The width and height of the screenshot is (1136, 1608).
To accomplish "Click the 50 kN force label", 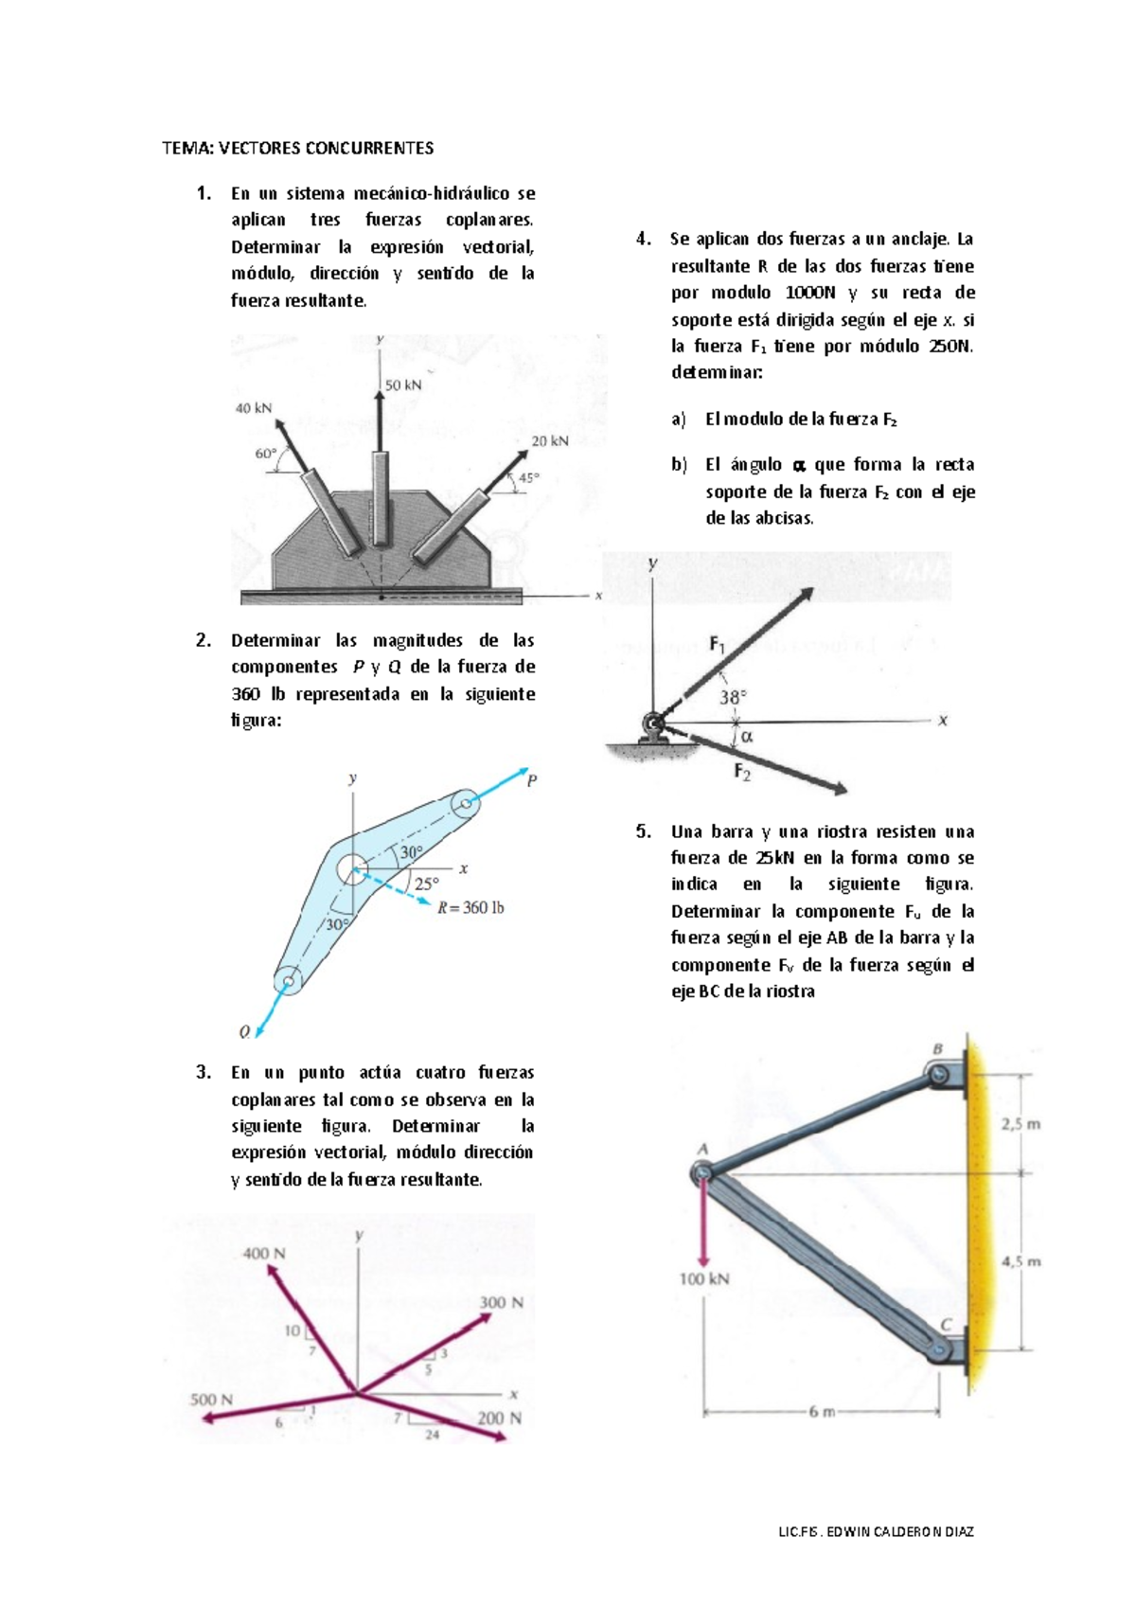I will (x=403, y=385).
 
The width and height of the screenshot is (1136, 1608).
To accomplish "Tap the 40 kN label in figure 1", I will (x=254, y=408).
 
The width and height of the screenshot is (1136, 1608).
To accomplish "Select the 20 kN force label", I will (x=550, y=441).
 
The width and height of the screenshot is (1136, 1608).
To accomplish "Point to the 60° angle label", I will (x=265, y=454).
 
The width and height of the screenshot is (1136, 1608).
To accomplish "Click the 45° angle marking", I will (x=528, y=478).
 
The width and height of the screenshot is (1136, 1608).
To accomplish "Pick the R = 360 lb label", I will (x=470, y=907).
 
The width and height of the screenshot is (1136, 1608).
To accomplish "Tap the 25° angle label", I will (x=427, y=884).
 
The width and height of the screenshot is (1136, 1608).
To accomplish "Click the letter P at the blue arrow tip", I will (x=531, y=781).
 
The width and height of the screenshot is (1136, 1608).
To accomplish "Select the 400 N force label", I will (x=264, y=1253).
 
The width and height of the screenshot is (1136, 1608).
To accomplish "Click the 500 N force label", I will (x=211, y=1400).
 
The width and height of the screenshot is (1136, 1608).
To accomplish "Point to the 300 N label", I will (x=501, y=1303).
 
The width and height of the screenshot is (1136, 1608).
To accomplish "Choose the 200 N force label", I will (x=499, y=1418).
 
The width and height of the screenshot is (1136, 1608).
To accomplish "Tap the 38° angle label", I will (x=733, y=697).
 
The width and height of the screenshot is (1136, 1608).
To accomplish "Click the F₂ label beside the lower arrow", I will (x=742, y=772).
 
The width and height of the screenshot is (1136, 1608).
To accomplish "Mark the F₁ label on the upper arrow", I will (x=718, y=645).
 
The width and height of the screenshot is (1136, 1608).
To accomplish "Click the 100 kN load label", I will (x=704, y=1278).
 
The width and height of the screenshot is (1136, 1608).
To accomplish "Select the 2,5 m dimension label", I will (x=1021, y=1124).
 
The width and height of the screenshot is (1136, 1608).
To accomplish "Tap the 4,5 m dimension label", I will (x=1021, y=1261).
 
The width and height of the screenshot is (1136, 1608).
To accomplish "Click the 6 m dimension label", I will (x=822, y=1412).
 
